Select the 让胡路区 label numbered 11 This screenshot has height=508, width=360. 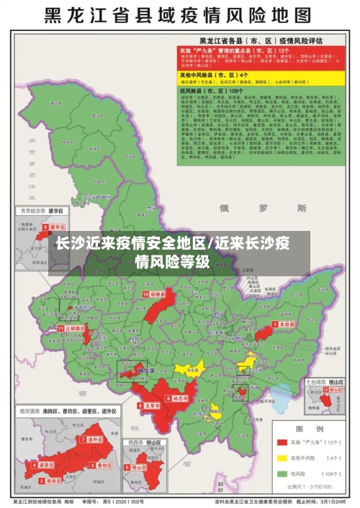(73, 327)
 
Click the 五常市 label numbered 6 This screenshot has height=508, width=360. (149, 406)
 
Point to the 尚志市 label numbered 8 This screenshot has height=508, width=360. (179, 397)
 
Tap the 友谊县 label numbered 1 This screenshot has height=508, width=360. (285, 325)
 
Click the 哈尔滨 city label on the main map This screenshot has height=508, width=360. (146, 371)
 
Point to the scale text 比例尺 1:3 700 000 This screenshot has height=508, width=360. (313, 487)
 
